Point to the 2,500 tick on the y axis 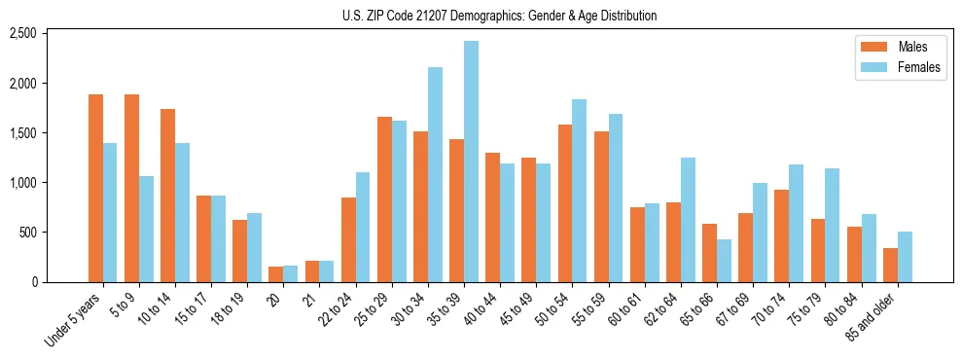[22, 34]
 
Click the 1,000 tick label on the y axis [22, 183]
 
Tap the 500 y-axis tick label [27, 233]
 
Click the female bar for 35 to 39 [471, 162]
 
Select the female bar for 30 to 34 [435, 175]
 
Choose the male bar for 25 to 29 [384, 199]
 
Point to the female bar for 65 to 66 [724, 261]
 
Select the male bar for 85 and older [890, 266]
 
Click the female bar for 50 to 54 [579, 191]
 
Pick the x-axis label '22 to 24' [336, 310]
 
